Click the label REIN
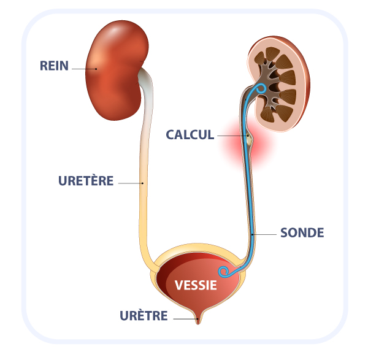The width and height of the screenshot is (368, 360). click(55, 65)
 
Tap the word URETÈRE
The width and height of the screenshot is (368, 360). click(86, 181)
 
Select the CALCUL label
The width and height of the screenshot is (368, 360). click(190, 135)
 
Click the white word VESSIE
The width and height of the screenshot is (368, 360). click(196, 285)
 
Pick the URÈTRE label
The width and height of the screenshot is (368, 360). click(144, 316)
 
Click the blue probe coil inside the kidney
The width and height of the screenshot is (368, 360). click(261, 90)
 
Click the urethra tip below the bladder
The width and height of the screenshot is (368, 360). click(197, 318)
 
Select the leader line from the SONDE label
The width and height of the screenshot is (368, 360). click(264, 234)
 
